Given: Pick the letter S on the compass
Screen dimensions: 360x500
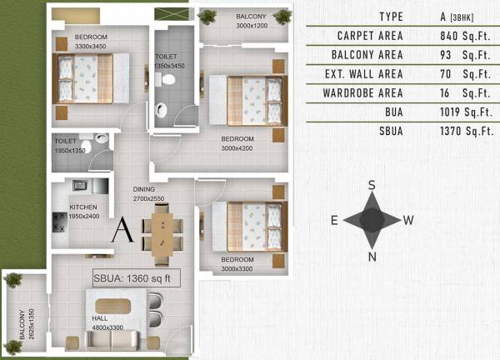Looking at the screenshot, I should pos(373,184).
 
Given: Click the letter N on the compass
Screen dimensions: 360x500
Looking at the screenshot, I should pos(372,255).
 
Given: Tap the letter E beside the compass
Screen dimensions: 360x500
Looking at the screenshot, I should pos(333,221).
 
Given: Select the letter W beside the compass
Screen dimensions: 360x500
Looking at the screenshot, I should pos(409,221).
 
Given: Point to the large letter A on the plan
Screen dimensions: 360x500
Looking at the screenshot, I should pos(122,228).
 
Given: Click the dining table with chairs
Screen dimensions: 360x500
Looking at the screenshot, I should pos(162,232).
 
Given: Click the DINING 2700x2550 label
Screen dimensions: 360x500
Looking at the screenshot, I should pos(151,195).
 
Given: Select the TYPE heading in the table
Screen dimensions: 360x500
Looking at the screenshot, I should pos(391,17).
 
